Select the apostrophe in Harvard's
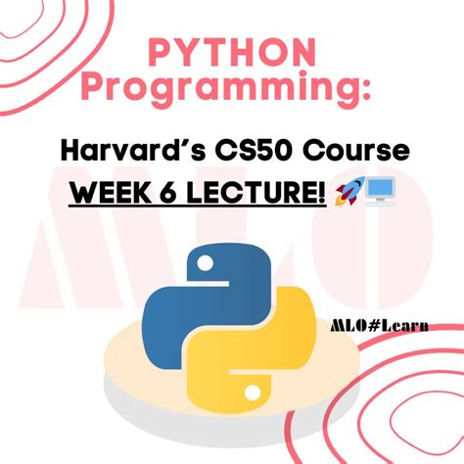(x=204, y=143)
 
